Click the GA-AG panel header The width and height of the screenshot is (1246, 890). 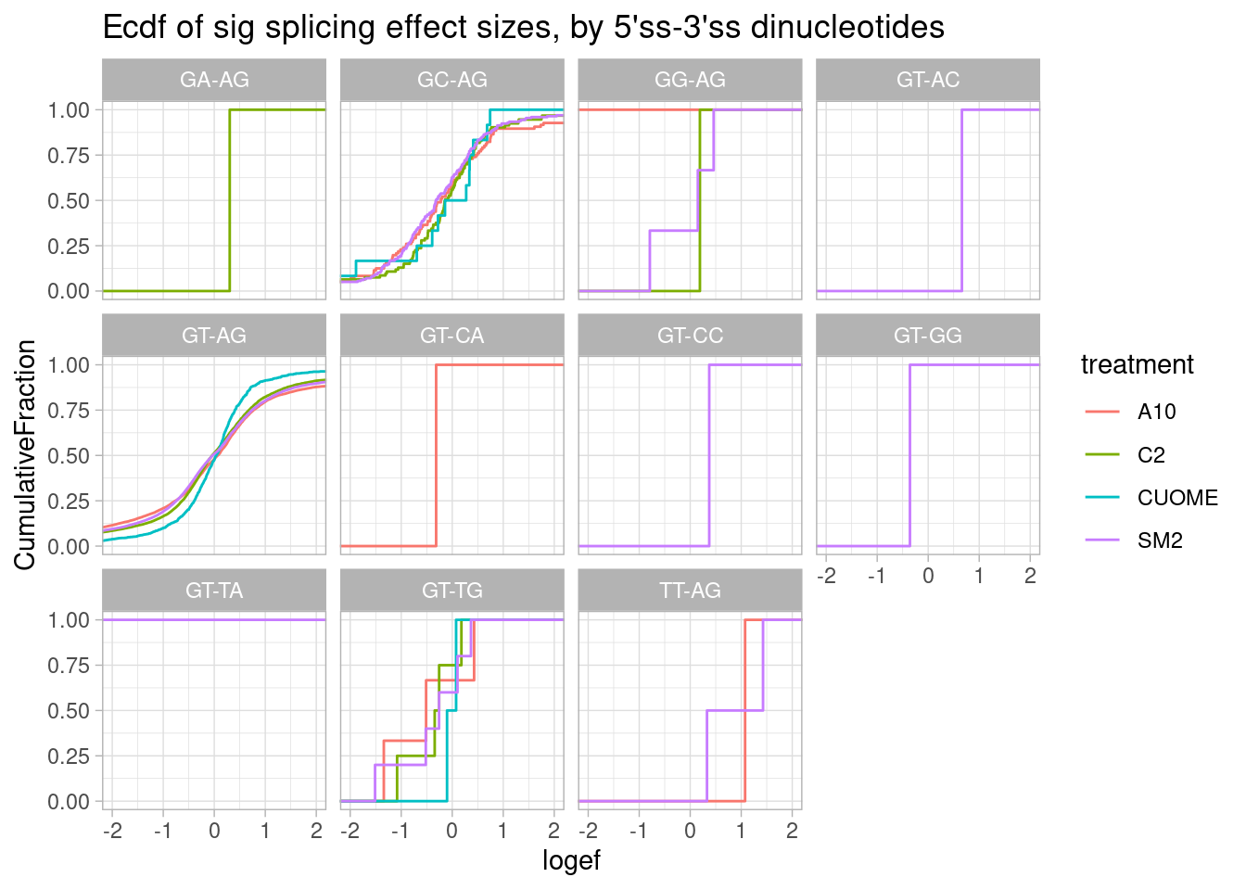[x=214, y=80]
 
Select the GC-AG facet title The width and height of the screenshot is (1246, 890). [x=452, y=80]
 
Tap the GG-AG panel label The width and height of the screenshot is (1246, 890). [x=690, y=80]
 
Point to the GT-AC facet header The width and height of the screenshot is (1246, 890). [x=928, y=80]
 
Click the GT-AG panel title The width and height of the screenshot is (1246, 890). [x=214, y=335]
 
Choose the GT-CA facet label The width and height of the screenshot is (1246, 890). [x=452, y=335]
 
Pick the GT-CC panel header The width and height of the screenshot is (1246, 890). [x=690, y=335]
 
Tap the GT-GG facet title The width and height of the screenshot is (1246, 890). [x=928, y=335]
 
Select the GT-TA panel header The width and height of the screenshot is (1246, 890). [x=214, y=590]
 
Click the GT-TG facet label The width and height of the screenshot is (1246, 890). [x=452, y=590]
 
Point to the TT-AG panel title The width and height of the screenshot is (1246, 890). [x=690, y=590]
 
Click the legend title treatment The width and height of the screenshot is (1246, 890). [x=1137, y=365]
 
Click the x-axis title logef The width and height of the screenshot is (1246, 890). [x=571, y=861]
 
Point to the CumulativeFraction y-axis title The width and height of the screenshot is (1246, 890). [x=26, y=454]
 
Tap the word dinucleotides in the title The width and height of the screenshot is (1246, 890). [x=847, y=28]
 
